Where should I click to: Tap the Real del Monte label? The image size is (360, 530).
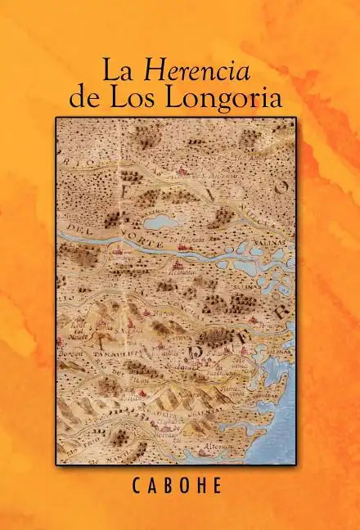click(77, 325)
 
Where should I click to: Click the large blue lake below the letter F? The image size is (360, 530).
click(160, 222)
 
